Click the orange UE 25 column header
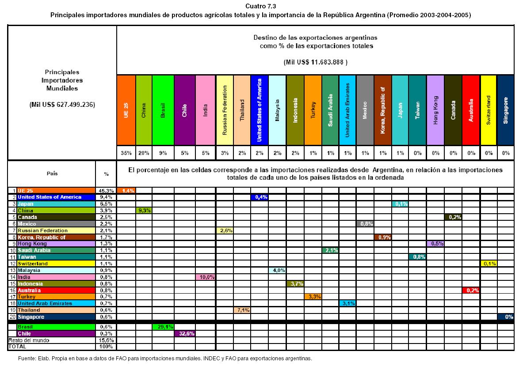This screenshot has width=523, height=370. click(x=126, y=109)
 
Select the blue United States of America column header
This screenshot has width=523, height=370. click(x=260, y=109)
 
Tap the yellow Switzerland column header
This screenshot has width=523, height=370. click(x=488, y=109)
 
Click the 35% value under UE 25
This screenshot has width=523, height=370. click(x=126, y=153)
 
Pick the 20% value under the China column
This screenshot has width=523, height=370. click(x=144, y=153)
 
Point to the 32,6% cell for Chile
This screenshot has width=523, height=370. click(x=185, y=334)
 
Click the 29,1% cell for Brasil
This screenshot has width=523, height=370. click(x=163, y=327)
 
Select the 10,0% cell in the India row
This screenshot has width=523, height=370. click(x=206, y=277)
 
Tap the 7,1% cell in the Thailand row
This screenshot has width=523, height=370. click(x=242, y=310)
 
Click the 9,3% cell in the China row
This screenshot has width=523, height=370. click(x=144, y=211)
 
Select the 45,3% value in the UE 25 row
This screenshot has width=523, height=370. click(x=106, y=190)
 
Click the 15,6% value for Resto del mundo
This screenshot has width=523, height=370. click(x=106, y=340)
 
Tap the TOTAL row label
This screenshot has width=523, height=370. click(x=15, y=347)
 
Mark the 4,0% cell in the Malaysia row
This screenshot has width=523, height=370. click(x=277, y=270)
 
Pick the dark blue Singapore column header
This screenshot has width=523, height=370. click(x=505, y=109)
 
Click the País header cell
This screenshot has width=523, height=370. click(x=52, y=174)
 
